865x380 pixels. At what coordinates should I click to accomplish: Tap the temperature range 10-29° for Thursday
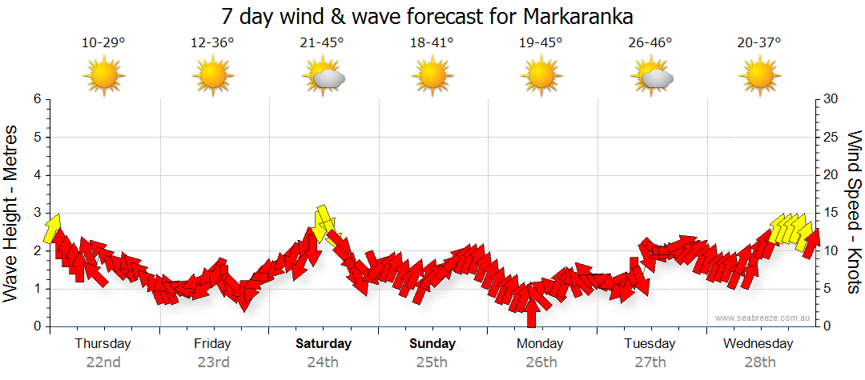pos(103,42)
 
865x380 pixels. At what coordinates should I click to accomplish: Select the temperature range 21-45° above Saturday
pos(322,42)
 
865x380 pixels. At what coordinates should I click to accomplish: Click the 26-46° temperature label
pos(650,42)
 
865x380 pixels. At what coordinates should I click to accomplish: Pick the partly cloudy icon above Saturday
pos(324,78)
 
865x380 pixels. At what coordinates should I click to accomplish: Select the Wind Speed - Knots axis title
pos(853,212)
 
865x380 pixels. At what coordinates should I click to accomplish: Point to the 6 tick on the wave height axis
pos(37,99)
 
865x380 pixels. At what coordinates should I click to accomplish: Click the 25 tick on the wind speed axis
pos(831,138)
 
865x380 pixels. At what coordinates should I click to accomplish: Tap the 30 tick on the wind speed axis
pos(831,99)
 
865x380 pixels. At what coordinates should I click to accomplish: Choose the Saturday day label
pos(324,344)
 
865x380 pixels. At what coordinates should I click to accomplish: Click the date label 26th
pos(541,362)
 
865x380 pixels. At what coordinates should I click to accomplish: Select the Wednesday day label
pos(758,344)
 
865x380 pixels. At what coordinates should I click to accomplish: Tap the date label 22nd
pos(103,362)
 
